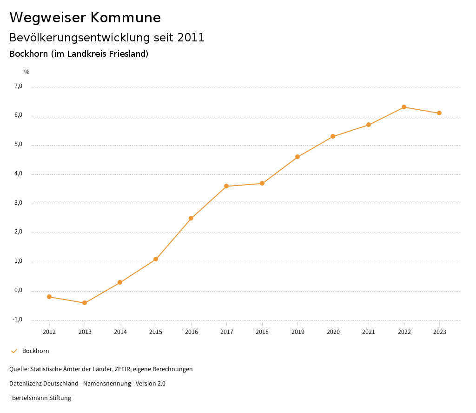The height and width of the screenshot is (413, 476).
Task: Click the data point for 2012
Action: [49, 297]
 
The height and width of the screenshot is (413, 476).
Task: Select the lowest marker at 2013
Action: [85, 303]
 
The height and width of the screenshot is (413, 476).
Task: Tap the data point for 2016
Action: [191, 218]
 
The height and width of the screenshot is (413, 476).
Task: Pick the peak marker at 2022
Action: [404, 107]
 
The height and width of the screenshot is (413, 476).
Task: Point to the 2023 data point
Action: [439, 113]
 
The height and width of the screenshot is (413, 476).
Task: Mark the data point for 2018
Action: [262, 183]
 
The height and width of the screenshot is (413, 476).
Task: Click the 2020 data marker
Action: [333, 136]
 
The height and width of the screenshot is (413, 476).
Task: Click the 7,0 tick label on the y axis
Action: [18, 86]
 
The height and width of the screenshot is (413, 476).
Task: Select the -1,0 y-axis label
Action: [18, 320]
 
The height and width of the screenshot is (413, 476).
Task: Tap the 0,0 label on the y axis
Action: [18, 290]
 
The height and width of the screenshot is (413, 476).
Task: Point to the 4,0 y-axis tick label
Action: [18, 173]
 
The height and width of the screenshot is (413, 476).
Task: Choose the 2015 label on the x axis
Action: [156, 332]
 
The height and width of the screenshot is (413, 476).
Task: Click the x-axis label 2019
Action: [297, 332]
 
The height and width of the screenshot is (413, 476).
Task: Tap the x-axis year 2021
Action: [369, 332]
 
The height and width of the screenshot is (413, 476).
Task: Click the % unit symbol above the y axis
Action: [27, 72]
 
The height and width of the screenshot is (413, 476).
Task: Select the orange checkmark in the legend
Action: [14, 351]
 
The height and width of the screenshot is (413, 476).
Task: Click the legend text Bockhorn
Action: [36, 351]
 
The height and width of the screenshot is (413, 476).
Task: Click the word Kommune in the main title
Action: [126, 18]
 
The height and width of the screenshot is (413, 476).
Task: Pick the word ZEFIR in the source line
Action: [123, 369]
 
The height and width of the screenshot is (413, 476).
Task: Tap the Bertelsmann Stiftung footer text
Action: [42, 398]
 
